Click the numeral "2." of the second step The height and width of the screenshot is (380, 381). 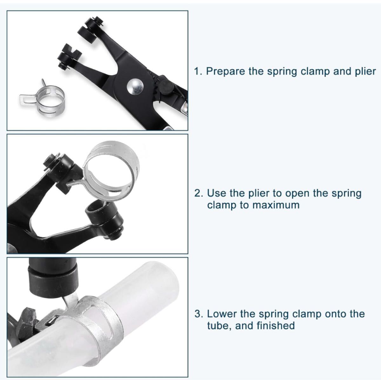(x=198, y=193)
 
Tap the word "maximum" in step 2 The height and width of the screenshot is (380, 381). (x=276, y=205)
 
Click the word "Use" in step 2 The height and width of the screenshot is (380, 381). (x=216, y=193)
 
